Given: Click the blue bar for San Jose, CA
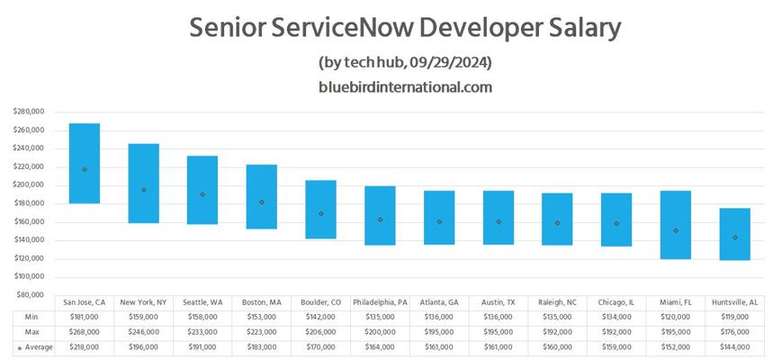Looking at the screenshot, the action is pos(85,163).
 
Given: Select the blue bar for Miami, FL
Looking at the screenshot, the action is pos(676,225).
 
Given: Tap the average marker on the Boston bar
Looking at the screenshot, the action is pos(262,202).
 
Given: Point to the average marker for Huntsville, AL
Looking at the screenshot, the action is pos(735,238).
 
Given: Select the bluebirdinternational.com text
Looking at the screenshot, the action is pos(405,87).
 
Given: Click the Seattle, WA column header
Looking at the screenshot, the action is pos(202,302).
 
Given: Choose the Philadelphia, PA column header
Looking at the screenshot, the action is pos(380,302).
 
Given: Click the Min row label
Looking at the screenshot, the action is pos(32,317).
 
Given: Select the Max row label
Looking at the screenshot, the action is pos(32,332).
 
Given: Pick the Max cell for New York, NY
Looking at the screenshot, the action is pos(143,332).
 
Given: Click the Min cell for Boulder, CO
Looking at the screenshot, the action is pos(321,317).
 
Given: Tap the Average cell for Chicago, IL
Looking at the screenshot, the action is pos(616,347).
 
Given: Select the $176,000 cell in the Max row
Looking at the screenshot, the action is pos(735,332).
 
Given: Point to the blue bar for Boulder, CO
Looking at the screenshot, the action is pos(321,210).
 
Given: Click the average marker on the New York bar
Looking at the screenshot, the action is pos(143,190).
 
